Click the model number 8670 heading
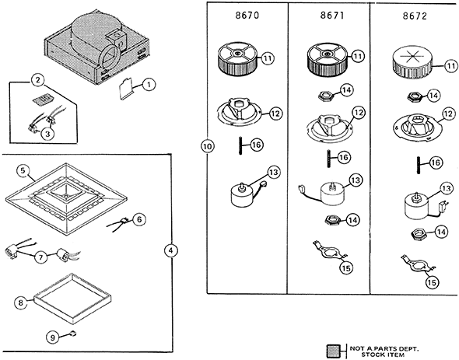click(247, 16)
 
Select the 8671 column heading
click(332, 16)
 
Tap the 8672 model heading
click(415, 16)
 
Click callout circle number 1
click(149, 85)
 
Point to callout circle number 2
click(38, 80)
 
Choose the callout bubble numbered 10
click(208, 146)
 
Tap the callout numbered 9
click(53, 337)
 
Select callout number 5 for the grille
click(23, 171)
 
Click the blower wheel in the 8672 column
click(412, 64)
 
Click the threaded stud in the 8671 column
click(329, 159)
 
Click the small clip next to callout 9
click(73, 333)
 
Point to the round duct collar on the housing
click(109, 57)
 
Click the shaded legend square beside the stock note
click(334, 351)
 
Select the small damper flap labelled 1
click(126, 89)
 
